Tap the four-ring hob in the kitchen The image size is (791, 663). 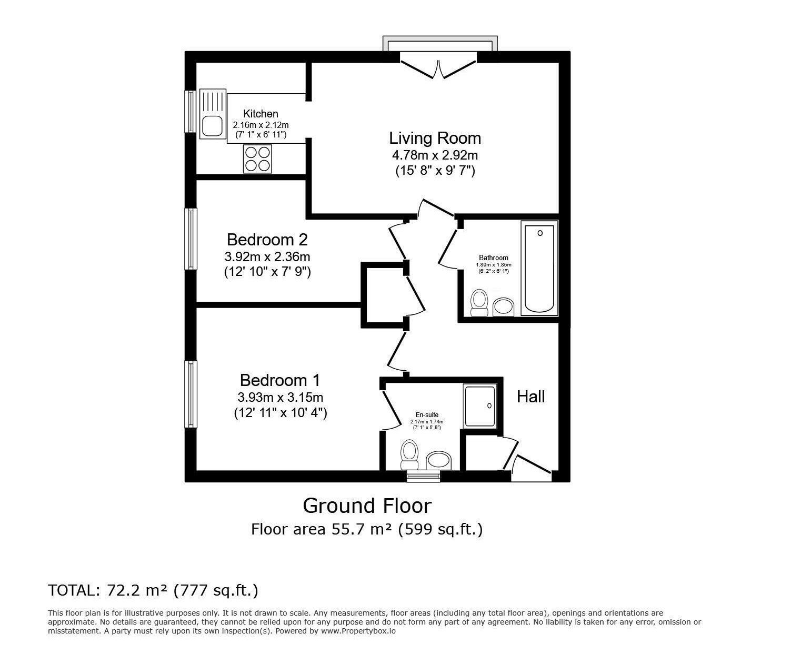pos(257,159)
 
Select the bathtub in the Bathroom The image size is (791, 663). pos(539,268)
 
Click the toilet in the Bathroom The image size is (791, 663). pos(479,303)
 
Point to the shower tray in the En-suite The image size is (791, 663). pos(479,405)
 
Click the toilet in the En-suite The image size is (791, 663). pos(409,454)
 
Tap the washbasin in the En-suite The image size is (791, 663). pos(438,460)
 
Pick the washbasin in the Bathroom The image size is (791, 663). pos(504,306)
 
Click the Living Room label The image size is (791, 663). pos(435,138)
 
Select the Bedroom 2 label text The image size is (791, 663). pos(267,240)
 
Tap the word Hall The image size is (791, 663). pos(530,397)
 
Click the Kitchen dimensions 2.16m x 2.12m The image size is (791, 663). pos(261,125)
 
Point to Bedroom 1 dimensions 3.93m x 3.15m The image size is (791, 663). pos(280,397)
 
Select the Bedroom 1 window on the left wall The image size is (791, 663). pos(191,394)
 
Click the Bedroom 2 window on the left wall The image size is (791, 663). pos(191,239)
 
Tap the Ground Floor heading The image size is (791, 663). pos(367,506)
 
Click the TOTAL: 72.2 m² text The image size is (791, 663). pos(153,590)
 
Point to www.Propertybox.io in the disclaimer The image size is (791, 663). pos(358,630)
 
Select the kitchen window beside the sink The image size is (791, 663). pos(191,111)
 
